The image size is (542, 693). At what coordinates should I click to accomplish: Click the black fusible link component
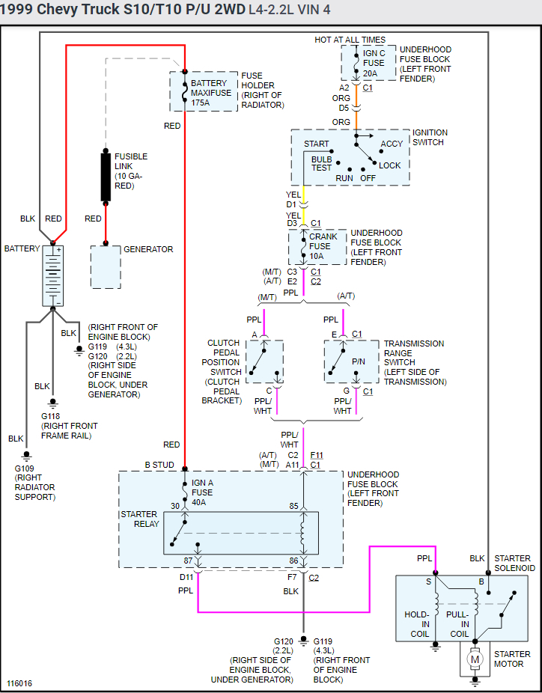pyautogui.click(x=106, y=177)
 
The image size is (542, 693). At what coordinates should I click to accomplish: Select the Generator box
pyautogui.click(x=106, y=266)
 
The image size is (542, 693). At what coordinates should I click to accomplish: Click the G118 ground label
pyautogui.click(x=50, y=416)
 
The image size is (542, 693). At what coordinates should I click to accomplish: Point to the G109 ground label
pyautogui.click(x=25, y=468)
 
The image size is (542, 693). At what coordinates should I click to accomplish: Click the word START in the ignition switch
pyautogui.click(x=316, y=144)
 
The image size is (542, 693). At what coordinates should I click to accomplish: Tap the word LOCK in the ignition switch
pyautogui.click(x=390, y=165)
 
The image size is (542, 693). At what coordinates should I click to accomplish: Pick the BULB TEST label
pyautogui.click(x=322, y=163)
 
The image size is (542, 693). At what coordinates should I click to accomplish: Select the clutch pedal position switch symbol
pyautogui.click(x=264, y=362)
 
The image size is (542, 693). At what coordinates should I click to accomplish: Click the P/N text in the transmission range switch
pyautogui.click(x=359, y=361)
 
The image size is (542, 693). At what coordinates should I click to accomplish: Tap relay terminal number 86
pyautogui.click(x=294, y=560)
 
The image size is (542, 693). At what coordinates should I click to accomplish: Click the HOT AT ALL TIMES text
pyautogui.click(x=350, y=40)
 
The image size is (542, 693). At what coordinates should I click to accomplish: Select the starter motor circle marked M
pyautogui.click(x=475, y=659)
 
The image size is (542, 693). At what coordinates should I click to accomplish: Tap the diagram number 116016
pyautogui.click(x=19, y=683)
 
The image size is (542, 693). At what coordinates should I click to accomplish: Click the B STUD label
pyautogui.click(x=159, y=465)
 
